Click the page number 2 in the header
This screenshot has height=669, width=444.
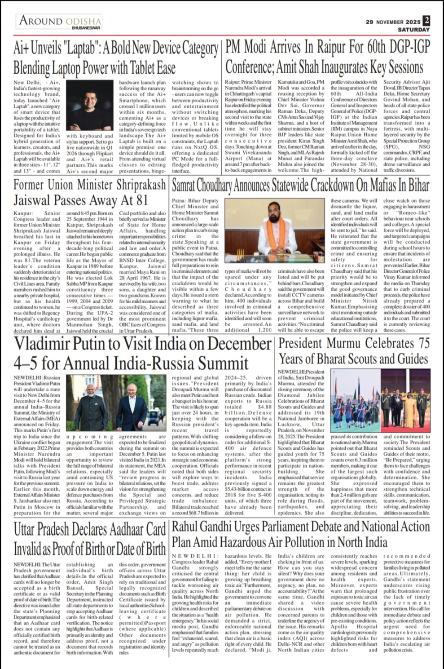[x=426, y=21]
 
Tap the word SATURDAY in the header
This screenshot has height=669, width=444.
[x=413, y=30]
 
